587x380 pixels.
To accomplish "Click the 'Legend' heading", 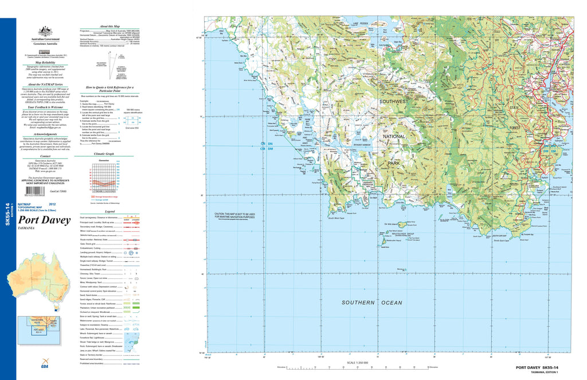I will pyautogui.click(x=107, y=212).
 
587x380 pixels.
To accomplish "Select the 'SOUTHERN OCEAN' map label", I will pyautogui.click(x=372, y=303).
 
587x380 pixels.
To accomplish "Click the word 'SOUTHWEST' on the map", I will pyautogui.click(x=393, y=102).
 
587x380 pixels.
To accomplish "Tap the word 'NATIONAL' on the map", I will pyautogui.click(x=393, y=137).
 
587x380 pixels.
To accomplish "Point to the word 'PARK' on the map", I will pyautogui.click(x=393, y=164).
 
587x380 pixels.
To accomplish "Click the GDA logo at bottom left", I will pyautogui.click(x=45, y=367).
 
